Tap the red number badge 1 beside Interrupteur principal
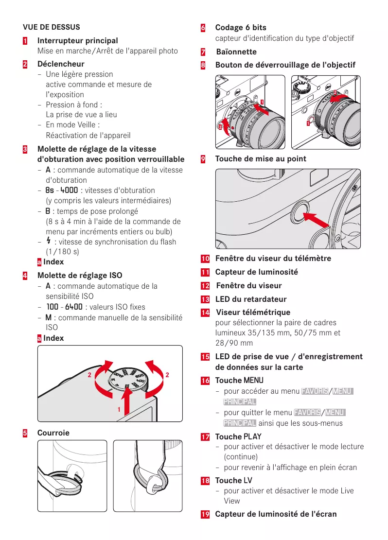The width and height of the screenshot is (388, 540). tap(24, 41)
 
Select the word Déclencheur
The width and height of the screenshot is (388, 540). tap(61, 64)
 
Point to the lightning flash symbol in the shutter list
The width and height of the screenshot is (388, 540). tap(48, 242)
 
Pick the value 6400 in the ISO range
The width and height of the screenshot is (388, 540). tap(73, 307)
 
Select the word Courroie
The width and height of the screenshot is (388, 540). tap(53, 433)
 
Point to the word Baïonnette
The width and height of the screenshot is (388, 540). tap(236, 52)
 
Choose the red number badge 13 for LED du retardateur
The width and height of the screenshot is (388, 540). tap(205, 299)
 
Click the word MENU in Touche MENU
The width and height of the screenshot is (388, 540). tap(253, 380)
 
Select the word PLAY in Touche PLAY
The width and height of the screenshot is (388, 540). tap(252, 436)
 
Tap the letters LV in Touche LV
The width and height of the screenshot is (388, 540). tap(247, 480)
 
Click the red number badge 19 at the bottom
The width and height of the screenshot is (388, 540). tap(205, 514)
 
